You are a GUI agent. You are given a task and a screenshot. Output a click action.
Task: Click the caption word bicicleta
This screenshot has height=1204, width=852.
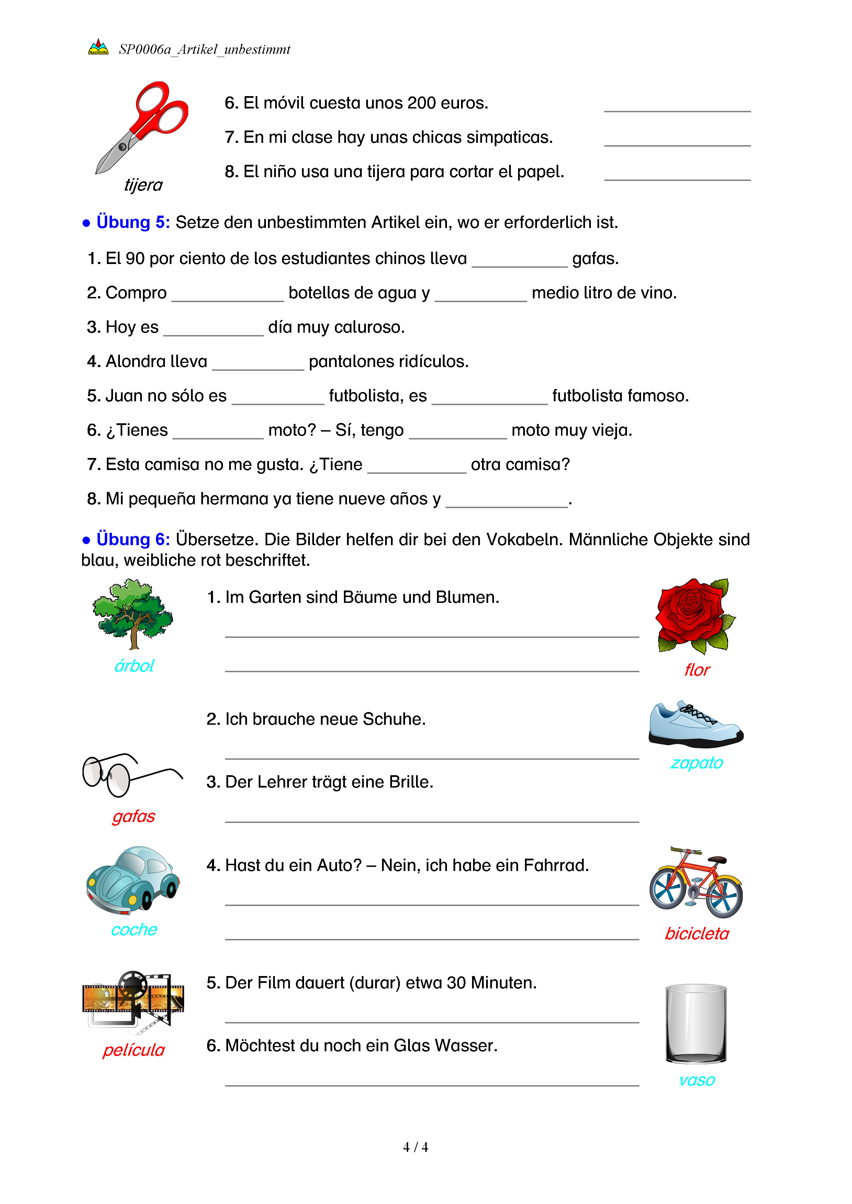(x=697, y=934)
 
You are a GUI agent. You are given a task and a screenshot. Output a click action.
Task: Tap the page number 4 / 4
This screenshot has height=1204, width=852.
(x=415, y=1147)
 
